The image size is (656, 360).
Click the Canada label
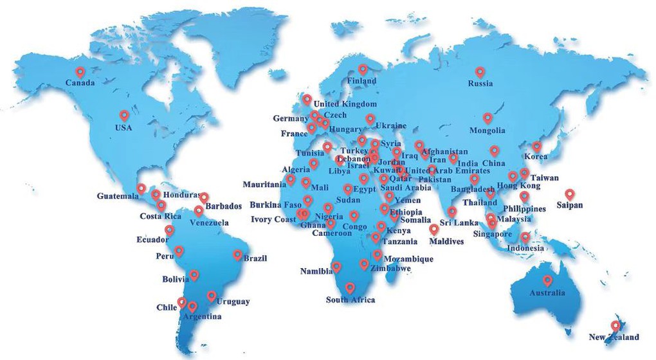[x=80, y=83]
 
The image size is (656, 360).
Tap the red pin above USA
[x=124, y=116]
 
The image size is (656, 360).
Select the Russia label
[x=480, y=84]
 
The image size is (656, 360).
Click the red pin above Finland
[x=363, y=69]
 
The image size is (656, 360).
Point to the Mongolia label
[x=487, y=130]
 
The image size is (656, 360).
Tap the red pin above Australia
[x=547, y=281]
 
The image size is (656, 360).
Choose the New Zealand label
[x=614, y=337]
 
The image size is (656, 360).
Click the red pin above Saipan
[x=569, y=194]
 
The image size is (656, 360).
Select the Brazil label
[x=255, y=258]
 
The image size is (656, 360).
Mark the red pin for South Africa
[x=350, y=288]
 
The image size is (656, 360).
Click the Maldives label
[x=446, y=242]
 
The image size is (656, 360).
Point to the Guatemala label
[x=118, y=195]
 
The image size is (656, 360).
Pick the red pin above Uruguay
[x=212, y=296]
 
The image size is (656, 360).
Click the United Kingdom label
[x=345, y=104]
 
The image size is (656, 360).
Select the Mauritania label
[x=264, y=184]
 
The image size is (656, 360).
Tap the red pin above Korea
[x=536, y=147]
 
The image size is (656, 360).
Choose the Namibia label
[x=316, y=271]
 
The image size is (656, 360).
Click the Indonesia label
[x=525, y=248]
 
